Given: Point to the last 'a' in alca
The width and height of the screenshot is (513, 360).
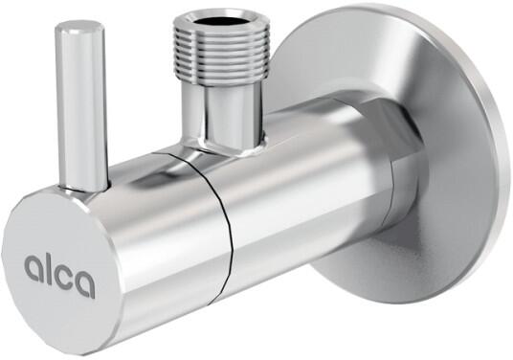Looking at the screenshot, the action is [84, 281].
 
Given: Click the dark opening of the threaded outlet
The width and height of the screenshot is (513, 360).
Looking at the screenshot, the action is [218, 21].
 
